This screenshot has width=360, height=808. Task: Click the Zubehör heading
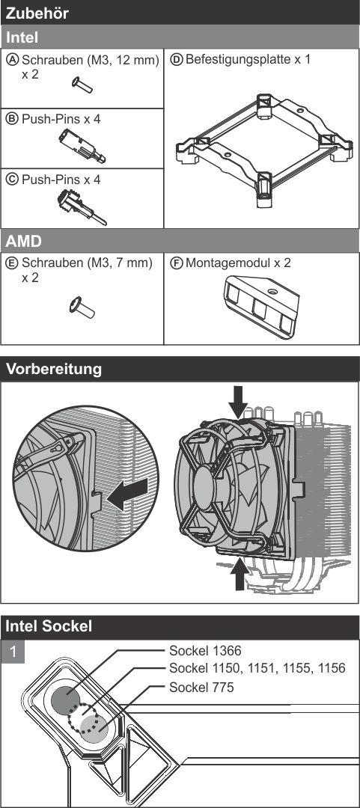(37, 13)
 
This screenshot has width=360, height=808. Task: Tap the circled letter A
(13, 60)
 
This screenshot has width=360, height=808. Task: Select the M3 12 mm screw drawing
(82, 85)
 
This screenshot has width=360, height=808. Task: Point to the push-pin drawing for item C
(82, 207)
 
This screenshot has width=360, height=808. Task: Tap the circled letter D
(177, 60)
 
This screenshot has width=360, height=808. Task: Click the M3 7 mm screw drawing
(82, 307)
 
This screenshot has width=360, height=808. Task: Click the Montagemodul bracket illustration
(261, 306)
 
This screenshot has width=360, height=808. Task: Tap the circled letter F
(177, 263)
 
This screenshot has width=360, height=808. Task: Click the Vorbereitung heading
(54, 369)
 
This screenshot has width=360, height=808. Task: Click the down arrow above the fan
(238, 401)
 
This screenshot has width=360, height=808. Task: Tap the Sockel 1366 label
(205, 651)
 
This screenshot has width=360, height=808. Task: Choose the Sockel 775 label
(201, 687)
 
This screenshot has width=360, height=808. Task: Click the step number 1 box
(13, 652)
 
